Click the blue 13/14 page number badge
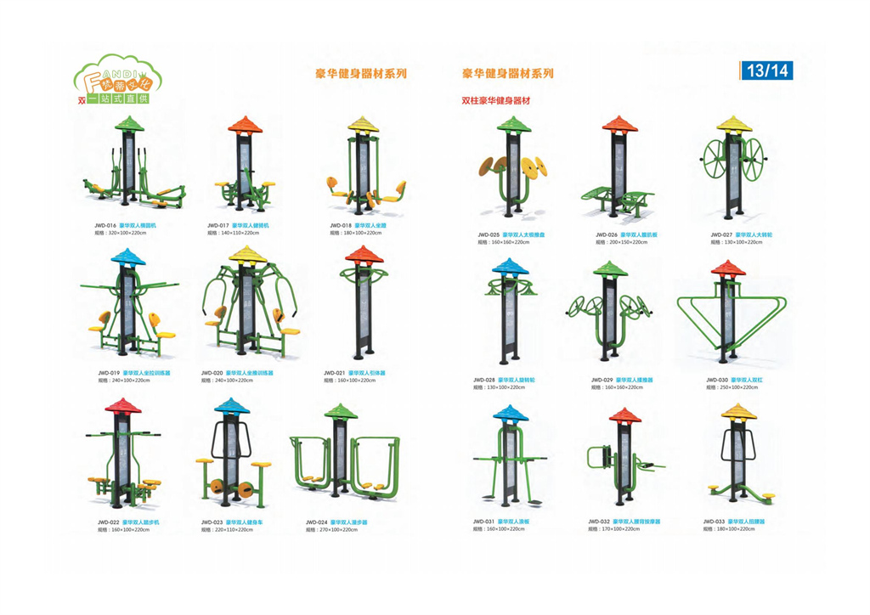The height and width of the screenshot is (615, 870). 766,71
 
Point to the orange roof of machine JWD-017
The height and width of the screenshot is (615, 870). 246,125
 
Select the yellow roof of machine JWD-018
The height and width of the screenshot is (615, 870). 363,124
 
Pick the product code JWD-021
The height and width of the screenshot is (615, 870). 335,372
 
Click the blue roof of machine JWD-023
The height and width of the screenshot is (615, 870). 232,405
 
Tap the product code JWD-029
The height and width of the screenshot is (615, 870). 602,380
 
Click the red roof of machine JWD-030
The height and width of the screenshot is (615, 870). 727,269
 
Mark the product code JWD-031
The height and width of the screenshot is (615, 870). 484,522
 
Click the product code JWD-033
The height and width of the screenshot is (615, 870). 714,522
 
